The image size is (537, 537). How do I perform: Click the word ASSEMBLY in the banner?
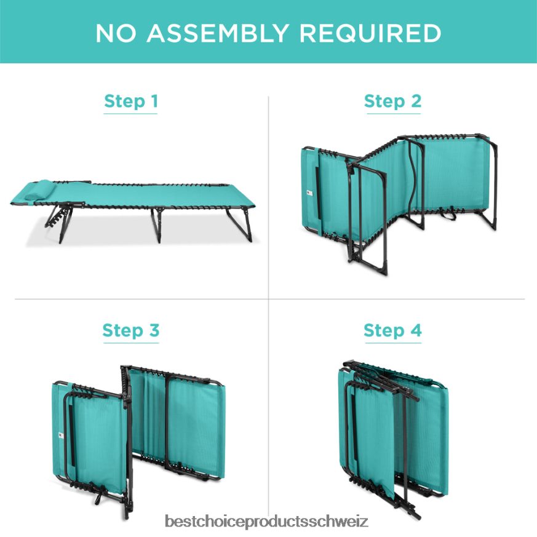tap(218, 33)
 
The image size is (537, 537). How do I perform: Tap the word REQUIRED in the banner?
tap(370, 33)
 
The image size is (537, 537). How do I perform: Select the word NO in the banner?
tap(116, 33)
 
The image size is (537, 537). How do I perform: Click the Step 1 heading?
tap(131, 101)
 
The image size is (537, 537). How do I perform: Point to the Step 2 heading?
tap(392, 101)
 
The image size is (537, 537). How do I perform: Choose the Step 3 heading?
tap(131, 330)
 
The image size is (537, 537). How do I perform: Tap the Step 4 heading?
tap(392, 330)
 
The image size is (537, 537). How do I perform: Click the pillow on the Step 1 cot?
tap(39, 189)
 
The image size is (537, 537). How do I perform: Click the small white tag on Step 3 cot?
tap(61, 436)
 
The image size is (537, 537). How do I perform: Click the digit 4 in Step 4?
tap(416, 330)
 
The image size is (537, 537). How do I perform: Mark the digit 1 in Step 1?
tap(154, 101)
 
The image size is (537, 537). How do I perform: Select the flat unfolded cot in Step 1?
tap(133, 210)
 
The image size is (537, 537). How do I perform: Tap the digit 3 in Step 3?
tap(154, 330)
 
